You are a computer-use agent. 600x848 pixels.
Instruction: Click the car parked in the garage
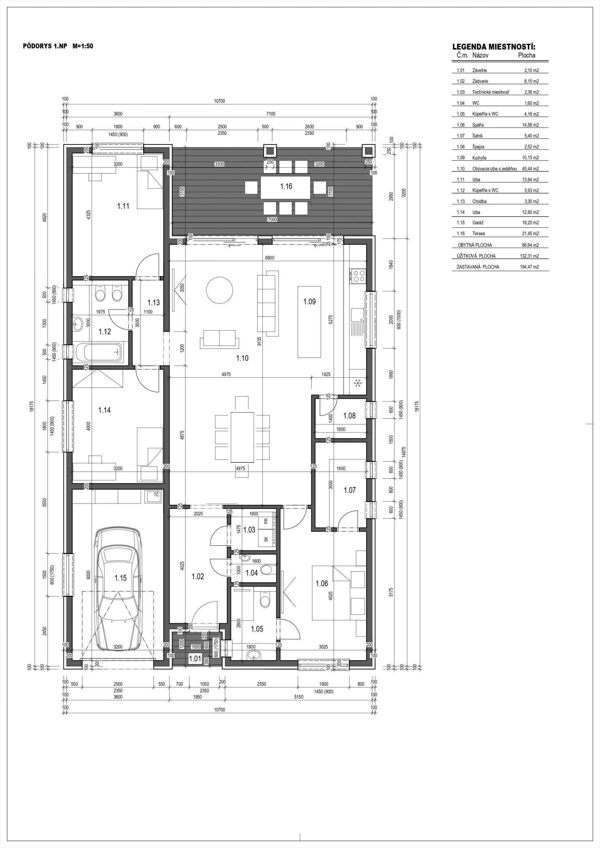tap(118, 590)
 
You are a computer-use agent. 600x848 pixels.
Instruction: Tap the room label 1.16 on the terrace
tap(286, 186)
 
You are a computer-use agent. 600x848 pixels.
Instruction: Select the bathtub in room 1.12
tap(99, 352)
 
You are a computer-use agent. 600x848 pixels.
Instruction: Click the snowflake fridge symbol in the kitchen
tap(357, 383)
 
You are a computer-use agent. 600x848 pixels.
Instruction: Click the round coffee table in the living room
tap(219, 290)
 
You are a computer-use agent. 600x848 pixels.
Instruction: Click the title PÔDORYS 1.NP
tap(45, 46)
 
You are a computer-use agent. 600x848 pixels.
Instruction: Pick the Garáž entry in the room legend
tap(478, 223)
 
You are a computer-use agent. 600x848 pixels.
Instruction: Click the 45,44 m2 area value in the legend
tap(530, 169)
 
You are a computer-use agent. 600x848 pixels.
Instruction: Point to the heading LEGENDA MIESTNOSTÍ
tap(494, 47)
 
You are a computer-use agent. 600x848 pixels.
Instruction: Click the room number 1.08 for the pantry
tap(349, 416)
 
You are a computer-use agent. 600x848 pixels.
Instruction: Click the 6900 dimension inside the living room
tap(270, 258)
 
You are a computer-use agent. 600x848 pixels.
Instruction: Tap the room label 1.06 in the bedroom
tap(321, 583)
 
